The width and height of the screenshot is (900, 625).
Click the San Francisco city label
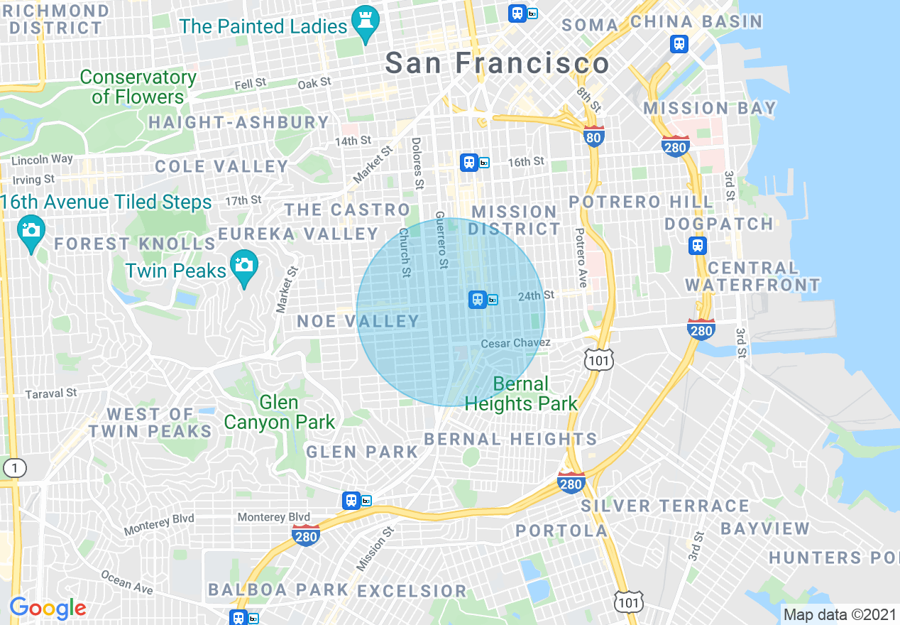(x=497, y=63)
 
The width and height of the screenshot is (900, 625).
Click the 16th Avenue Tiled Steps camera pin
(x=31, y=232)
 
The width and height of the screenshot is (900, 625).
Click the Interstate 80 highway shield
(x=594, y=136)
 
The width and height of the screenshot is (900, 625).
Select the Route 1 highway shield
(x=14, y=468)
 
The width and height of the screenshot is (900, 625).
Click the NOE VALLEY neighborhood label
(x=358, y=321)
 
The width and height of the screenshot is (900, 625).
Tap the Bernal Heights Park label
(x=521, y=394)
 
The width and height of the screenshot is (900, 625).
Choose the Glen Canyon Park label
(x=279, y=412)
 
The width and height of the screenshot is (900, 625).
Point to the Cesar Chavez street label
(x=515, y=344)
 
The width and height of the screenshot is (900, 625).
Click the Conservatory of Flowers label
(x=138, y=87)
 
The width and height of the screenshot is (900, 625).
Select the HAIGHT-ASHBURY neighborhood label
(x=238, y=122)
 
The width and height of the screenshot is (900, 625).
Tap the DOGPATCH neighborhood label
(x=719, y=224)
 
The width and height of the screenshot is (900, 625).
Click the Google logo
(x=48, y=608)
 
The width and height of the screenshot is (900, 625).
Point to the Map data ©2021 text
(x=838, y=614)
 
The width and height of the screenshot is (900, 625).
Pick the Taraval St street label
(x=51, y=393)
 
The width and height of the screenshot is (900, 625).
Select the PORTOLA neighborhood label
(x=561, y=531)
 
